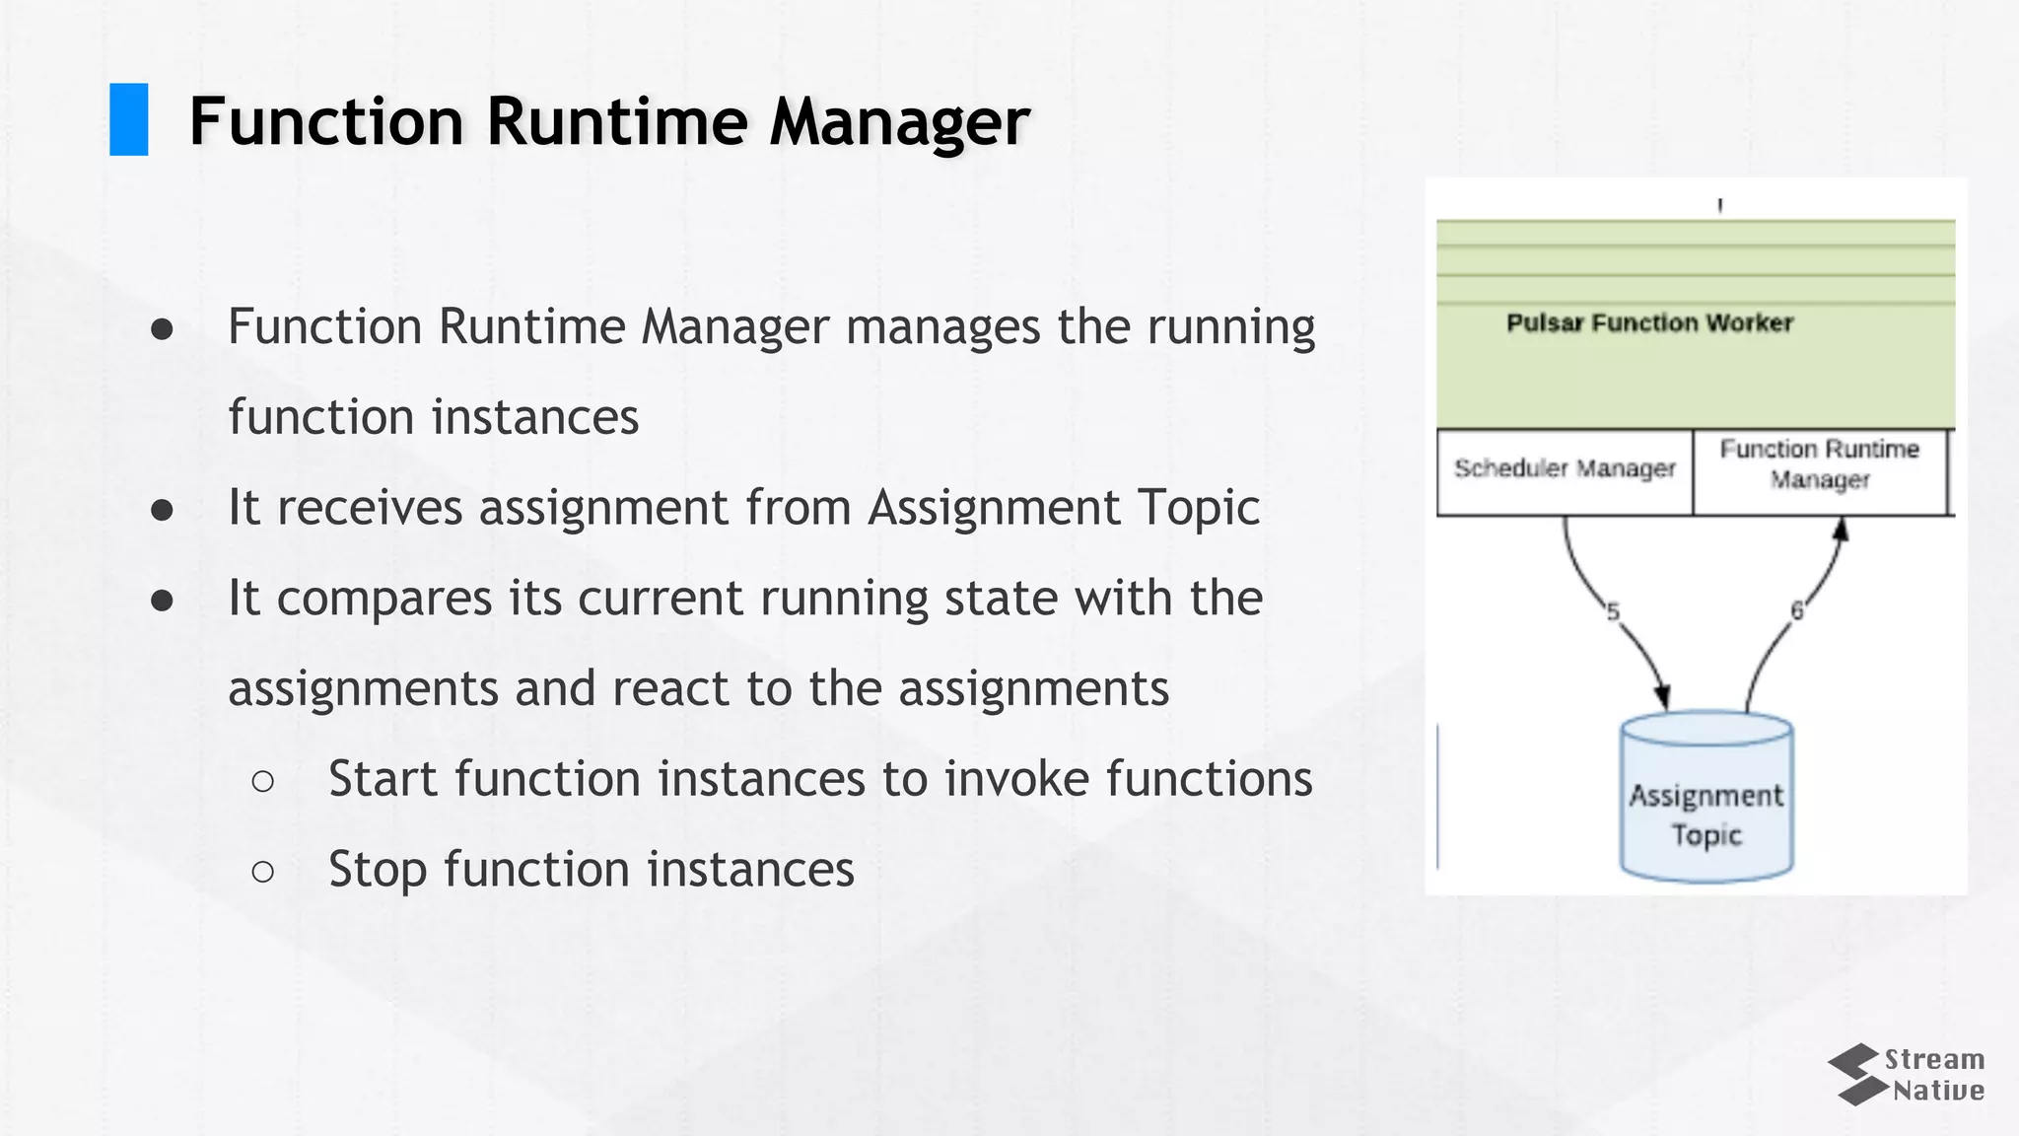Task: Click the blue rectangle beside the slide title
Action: click(128, 119)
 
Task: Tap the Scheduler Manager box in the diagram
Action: click(1565, 470)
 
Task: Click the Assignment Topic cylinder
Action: click(1706, 798)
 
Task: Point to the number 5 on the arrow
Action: click(1613, 612)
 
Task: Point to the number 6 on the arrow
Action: click(1797, 611)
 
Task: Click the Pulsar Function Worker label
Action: click(1649, 323)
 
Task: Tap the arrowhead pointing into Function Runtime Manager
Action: click(1840, 531)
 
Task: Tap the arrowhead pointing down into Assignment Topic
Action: click(1663, 698)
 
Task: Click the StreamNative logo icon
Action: click(1853, 1075)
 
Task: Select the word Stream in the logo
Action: click(1934, 1060)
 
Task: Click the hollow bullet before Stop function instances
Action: click(263, 871)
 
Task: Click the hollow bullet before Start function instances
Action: click(263, 781)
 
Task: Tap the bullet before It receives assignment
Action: click(163, 510)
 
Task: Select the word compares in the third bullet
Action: click(384, 600)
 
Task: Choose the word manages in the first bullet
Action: click(942, 327)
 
